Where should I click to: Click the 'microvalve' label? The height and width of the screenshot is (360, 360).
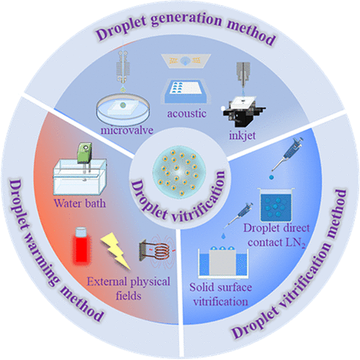pyautogui.click(x=127, y=130)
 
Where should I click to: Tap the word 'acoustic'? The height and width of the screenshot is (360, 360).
pyautogui.click(x=186, y=114)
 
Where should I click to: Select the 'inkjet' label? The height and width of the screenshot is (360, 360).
pyautogui.click(x=242, y=135)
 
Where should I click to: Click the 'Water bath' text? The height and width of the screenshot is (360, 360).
pyautogui.click(x=80, y=204)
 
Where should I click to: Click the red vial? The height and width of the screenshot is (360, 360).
pyautogui.click(x=81, y=246)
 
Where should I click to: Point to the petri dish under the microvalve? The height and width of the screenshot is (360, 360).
pyautogui.click(x=123, y=109)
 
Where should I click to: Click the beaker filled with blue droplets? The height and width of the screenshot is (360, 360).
pyautogui.click(x=276, y=204)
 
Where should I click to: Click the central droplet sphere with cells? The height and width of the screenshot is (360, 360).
pyautogui.click(x=179, y=172)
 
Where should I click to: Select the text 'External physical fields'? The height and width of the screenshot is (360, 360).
pyautogui.click(x=129, y=288)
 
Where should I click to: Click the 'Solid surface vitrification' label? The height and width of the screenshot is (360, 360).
pyautogui.click(x=220, y=294)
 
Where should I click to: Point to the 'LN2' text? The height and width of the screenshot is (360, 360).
pyautogui.click(x=295, y=243)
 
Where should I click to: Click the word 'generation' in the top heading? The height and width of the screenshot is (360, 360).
pyautogui.click(x=186, y=19)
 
